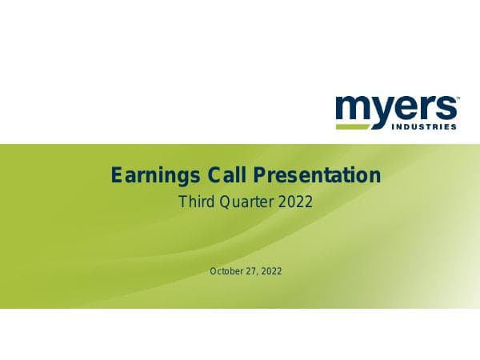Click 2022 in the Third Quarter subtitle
(295, 202)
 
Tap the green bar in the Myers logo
(362, 126)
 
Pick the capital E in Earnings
(116, 174)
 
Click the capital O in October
(214, 271)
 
